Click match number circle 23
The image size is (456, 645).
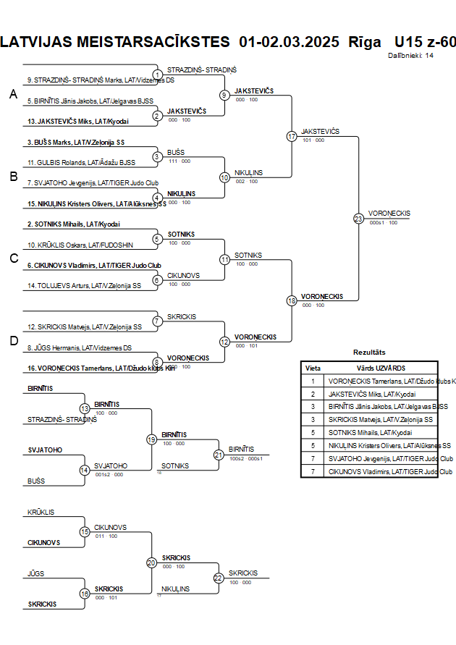pyautogui.click(x=358, y=218)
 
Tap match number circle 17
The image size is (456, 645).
pyautogui.click(x=292, y=136)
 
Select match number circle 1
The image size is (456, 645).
pyautogui.click(x=157, y=75)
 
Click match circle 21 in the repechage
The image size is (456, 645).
pyautogui.click(x=219, y=455)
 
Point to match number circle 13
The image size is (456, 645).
pyautogui.click(x=85, y=409)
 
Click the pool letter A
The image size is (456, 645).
pyautogui.click(x=13, y=95)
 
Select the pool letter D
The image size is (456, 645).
pyautogui.click(x=13, y=341)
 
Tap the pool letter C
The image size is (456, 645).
pyautogui.click(x=13, y=258)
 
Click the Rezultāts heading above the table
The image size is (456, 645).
pyautogui.click(x=369, y=353)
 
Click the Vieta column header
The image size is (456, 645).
pyautogui.click(x=313, y=368)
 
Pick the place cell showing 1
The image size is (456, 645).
pyautogui.click(x=313, y=381)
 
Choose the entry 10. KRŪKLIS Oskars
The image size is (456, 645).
pyautogui.click(x=70, y=245)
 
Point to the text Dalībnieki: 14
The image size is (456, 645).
pyautogui.click(x=410, y=55)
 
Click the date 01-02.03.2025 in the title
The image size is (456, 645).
pyautogui.click(x=289, y=41)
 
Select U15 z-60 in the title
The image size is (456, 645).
pyautogui.click(x=425, y=41)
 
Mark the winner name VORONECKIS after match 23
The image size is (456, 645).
pyautogui.click(x=389, y=214)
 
